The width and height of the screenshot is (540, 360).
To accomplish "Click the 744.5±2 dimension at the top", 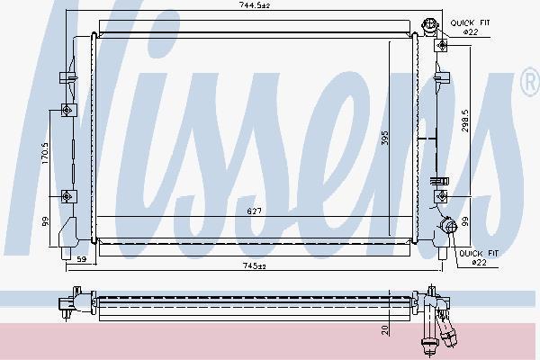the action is point(255,5).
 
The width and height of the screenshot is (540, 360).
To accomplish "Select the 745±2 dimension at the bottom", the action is point(255,266).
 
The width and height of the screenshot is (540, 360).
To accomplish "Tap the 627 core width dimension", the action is point(254,211).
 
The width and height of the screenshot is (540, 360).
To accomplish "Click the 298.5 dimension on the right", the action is point(465,121).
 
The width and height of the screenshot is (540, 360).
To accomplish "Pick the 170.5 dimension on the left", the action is point(45,153).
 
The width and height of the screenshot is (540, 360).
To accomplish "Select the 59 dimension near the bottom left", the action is point(82,259).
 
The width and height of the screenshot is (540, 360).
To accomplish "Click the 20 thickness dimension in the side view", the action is point(384,330).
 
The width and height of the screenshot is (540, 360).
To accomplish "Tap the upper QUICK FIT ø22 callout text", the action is point(470,27).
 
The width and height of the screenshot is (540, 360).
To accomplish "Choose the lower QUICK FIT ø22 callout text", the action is point(479,257).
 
